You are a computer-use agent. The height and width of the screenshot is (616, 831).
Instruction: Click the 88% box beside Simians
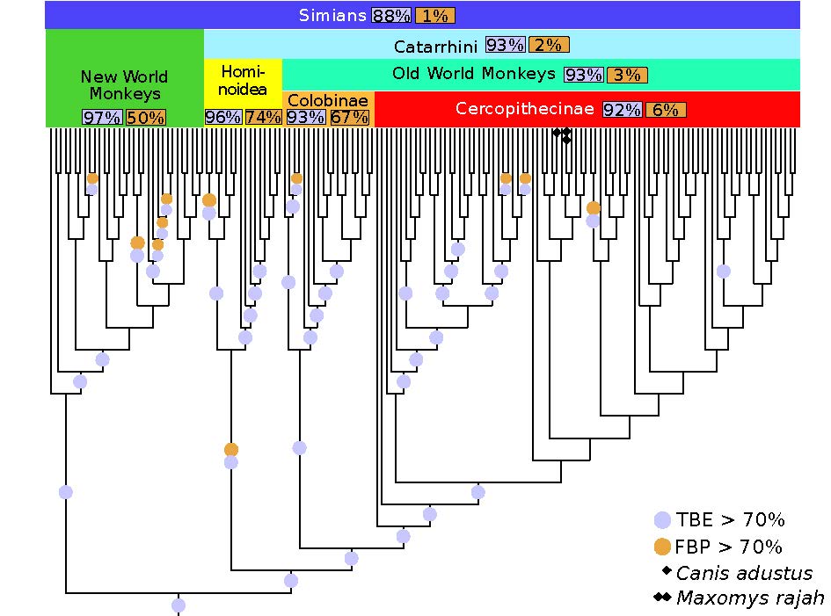(x=391, y=16)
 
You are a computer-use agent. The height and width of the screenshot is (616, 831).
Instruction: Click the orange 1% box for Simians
(x=432, y=16)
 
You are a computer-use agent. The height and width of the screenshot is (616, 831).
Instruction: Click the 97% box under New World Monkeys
(x=102, y=118)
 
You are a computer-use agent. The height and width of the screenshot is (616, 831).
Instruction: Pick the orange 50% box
(x=145, y=118)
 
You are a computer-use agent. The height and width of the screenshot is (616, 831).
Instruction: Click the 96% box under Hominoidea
(x=222, y=117)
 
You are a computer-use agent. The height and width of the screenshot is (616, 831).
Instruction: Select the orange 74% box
(x=263, y=117)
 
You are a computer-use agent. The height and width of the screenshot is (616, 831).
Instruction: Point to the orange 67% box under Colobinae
(x=349, y=117)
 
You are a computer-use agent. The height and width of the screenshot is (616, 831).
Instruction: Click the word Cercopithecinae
(x=525, y=109)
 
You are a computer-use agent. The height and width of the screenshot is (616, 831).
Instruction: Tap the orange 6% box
(x=666, y=110)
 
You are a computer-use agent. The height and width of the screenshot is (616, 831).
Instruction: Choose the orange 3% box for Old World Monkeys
(x=627, y=75)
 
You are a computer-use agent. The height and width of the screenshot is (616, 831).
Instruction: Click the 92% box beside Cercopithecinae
(x=623, y=110)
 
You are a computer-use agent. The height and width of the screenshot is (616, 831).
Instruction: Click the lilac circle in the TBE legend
(x=663, y=520)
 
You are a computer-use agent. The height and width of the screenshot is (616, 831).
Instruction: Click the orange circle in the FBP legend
(x=663, y=547)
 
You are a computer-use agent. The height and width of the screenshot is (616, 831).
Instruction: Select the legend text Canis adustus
(x=744, y=573)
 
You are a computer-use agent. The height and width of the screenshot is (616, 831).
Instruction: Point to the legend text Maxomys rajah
(x=750, y=598)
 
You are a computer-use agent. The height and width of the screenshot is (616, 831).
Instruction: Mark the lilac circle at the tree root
(x=179, y=605)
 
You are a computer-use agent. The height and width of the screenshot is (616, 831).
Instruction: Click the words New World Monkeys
(x=124, y=85)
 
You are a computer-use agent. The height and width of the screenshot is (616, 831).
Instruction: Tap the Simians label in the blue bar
(x=332, y=15)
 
